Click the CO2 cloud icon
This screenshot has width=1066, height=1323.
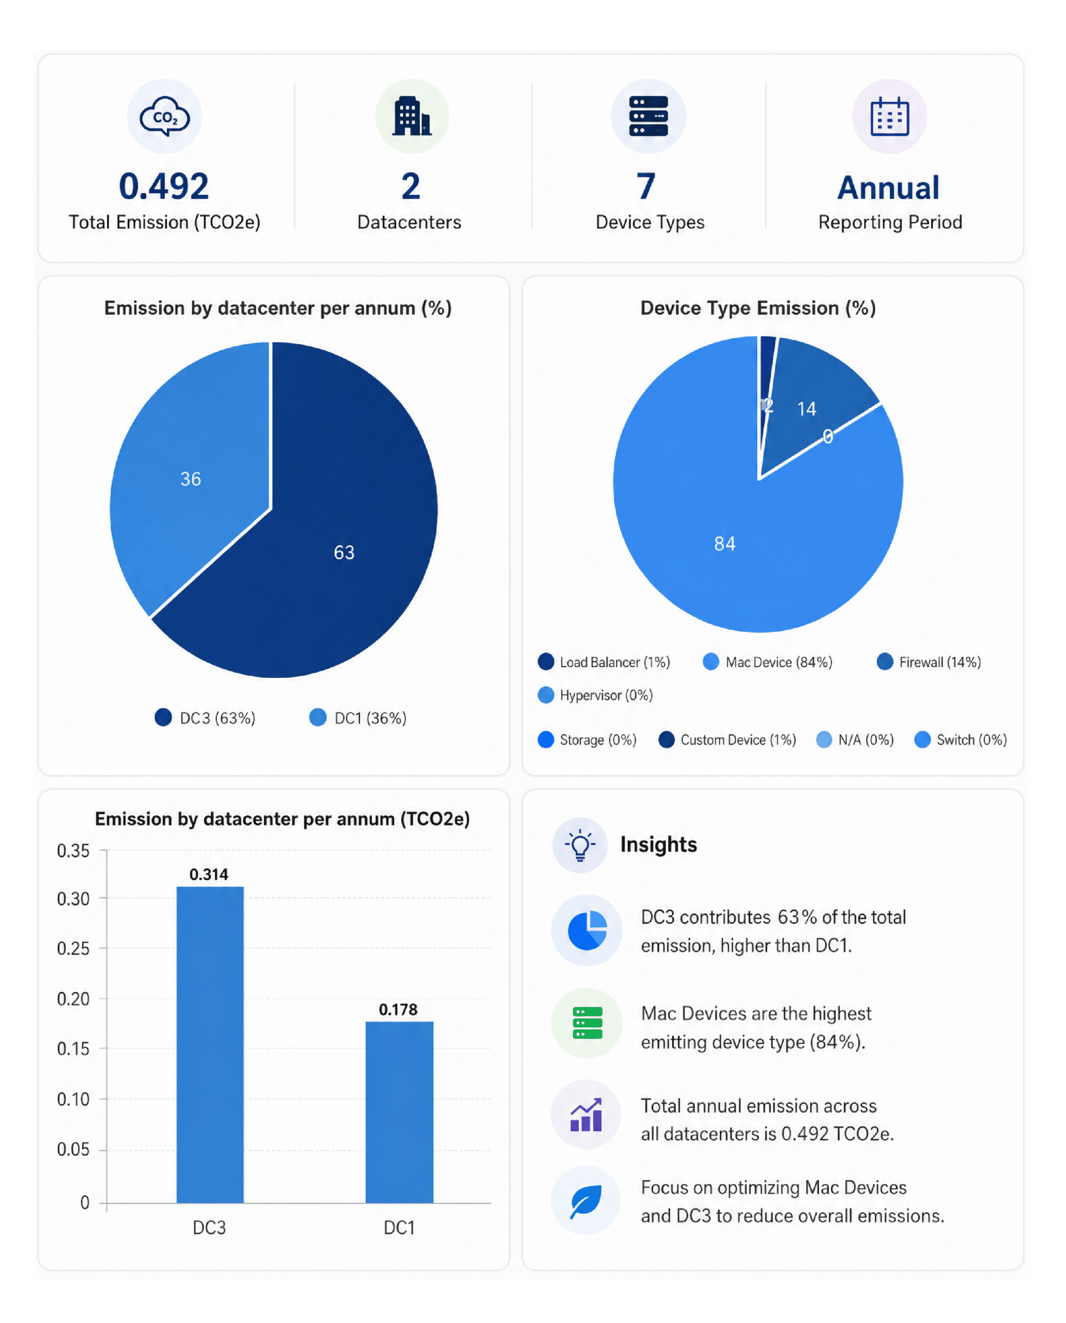pos(164,116)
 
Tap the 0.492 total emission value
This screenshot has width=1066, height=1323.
pos(164,186)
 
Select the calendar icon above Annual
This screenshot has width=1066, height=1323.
pos(889,116)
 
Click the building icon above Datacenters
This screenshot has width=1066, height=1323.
pos(412,116)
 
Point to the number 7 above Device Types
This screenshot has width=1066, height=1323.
pos(646,186)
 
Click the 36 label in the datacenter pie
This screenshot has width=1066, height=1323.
pos(190,479)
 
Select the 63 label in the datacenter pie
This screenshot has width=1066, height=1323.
pos(344,553)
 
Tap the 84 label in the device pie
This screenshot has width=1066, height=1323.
pos(724,544)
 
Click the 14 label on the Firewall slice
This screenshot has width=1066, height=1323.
pos(806,409)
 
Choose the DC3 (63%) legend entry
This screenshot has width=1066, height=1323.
pos(205,718)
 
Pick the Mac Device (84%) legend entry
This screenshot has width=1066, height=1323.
pos(767,662)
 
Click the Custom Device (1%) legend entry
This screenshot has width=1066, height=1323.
pos(727,740)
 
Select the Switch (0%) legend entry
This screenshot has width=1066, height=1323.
pos(961,740)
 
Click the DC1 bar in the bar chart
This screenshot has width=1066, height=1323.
pos(399,1112)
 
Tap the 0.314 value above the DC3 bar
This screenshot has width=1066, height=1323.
pos(209,874)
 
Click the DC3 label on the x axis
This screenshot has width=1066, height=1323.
pos(209,1228)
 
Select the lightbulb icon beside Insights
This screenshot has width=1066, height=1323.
pos(580,845)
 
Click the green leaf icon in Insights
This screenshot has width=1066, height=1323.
pos(586,1201)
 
